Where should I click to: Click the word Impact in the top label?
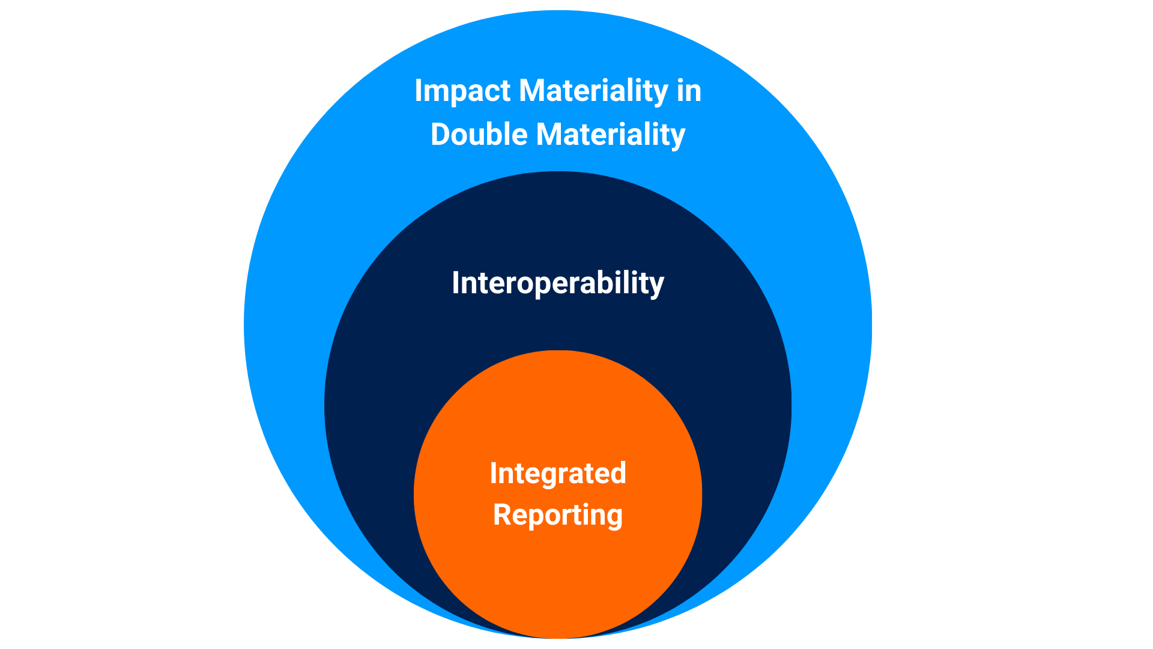pos(462,92)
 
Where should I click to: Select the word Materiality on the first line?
pos(593,92)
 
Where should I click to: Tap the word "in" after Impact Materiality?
pos(689,91)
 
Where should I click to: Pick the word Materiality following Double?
pos(611,135)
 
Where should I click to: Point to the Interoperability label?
pos(558,284)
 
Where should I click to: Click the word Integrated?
pos(558,474)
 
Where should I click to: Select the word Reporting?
pos(558,516)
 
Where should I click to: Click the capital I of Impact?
pos(419,91)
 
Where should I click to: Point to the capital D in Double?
pos(441,134)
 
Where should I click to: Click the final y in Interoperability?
pos(657,287)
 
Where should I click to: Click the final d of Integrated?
pos(619,474)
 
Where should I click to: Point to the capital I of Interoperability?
pos(456,282)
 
